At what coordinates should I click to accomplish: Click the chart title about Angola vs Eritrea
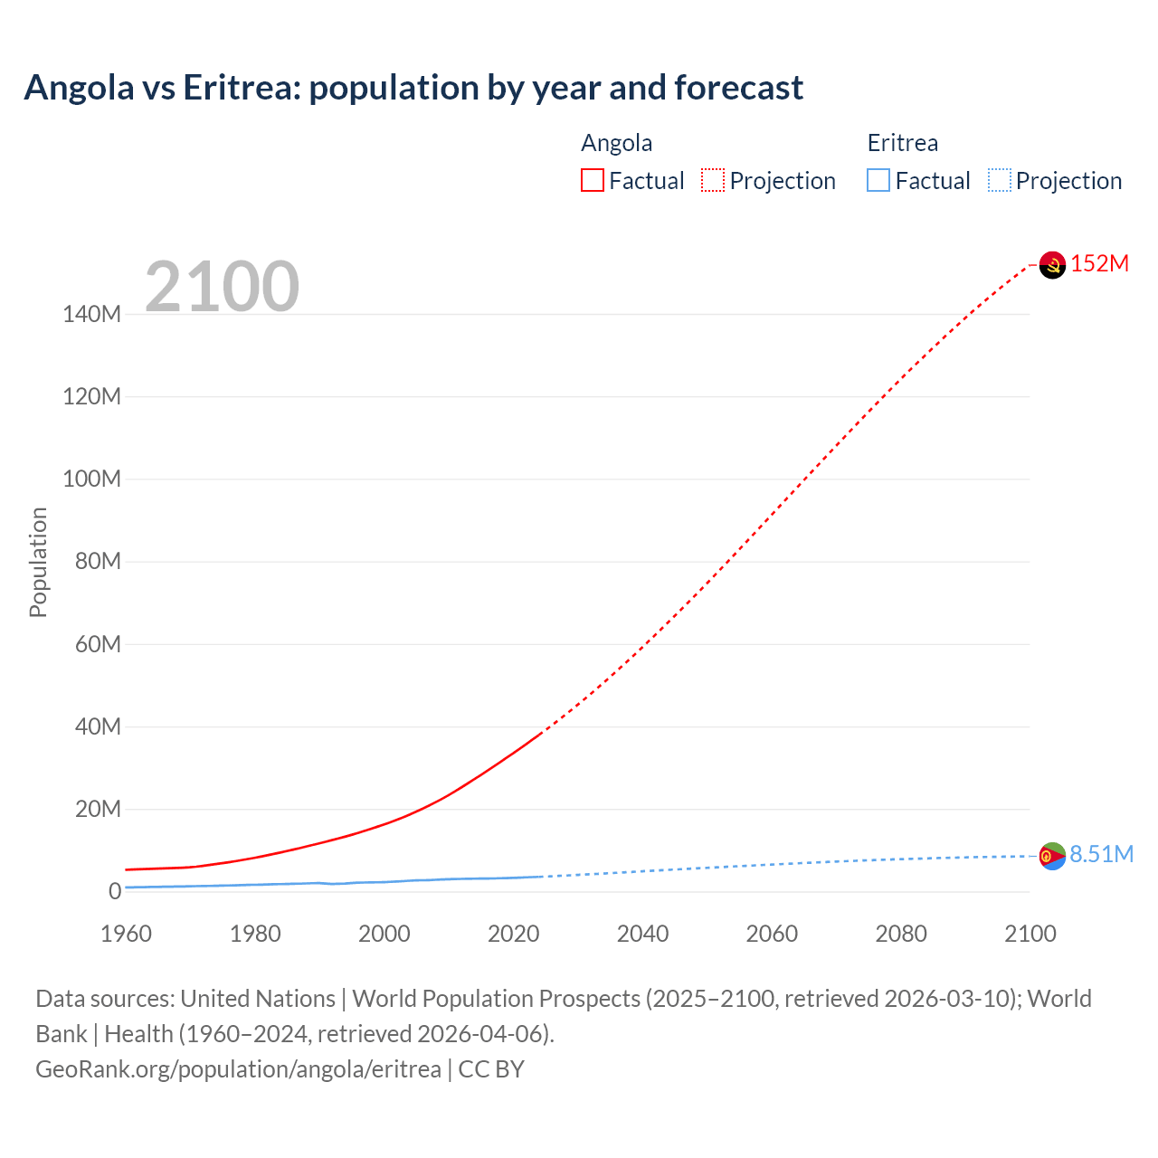(x=413, y=88)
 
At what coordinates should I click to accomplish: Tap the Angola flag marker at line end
(x=1052, y=264)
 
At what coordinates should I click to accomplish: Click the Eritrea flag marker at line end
(x=1052, y=855)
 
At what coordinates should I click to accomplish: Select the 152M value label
(x=1099, y=263)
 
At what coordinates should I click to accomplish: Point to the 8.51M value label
(x=1101, y=854)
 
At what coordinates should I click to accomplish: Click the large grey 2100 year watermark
(x=222, y=287)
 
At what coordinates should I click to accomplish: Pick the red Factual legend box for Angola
(x=592, y=181)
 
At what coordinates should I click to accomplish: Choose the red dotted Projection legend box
(x=713, y=181)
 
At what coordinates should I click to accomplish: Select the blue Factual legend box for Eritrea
(x=878, y=181)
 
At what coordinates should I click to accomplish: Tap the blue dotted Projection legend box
(x=999, y=181)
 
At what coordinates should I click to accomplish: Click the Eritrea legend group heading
(x=902, y=143)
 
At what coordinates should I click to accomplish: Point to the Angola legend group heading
(x=616, y=143)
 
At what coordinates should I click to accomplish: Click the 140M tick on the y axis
(x=91, y=314)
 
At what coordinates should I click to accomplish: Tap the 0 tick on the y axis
(x=114, y=891)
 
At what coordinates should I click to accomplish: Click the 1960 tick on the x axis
(x=126, y=934)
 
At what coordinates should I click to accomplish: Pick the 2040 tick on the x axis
(x=642, y=934)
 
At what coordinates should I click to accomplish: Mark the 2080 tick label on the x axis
(x=901, y=934)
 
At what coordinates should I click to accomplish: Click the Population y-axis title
(x=38, y=562)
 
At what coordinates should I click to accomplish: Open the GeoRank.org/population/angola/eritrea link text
(x=238, y=1069)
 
